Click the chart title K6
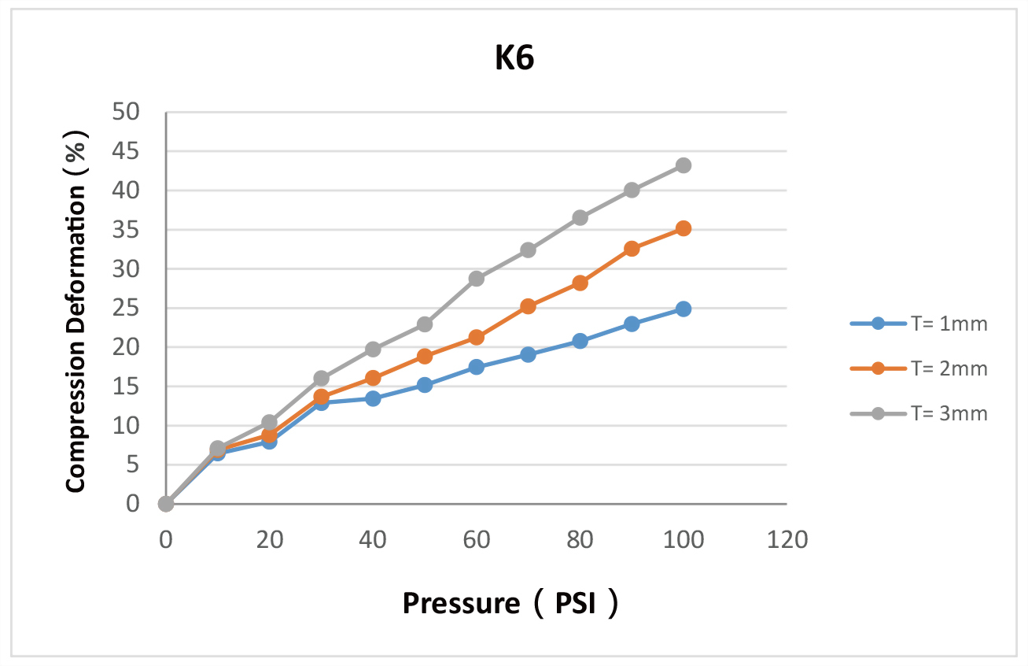(514, 60)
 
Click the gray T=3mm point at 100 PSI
(683, 165)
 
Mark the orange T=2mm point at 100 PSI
(683, 228)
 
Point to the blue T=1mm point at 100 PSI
(683, 309)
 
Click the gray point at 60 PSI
(476, 279)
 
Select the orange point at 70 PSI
(528, 306)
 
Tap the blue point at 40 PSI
(373, 398)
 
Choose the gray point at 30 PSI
(321, 379)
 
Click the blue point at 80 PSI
(580, 341)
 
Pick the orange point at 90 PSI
(632, 249)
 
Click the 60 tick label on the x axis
(477, 540)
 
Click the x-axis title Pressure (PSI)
(510, 604)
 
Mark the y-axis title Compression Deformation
(76, 308)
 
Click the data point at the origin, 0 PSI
(166, 504)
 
